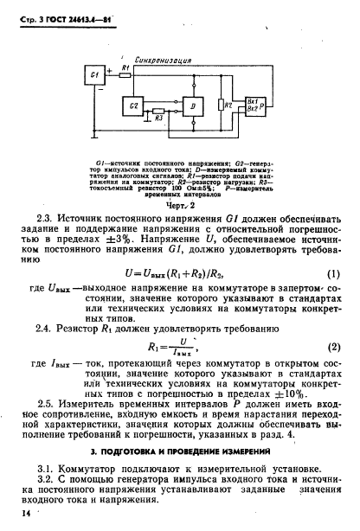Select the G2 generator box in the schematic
132,106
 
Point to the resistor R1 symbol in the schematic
127,75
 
